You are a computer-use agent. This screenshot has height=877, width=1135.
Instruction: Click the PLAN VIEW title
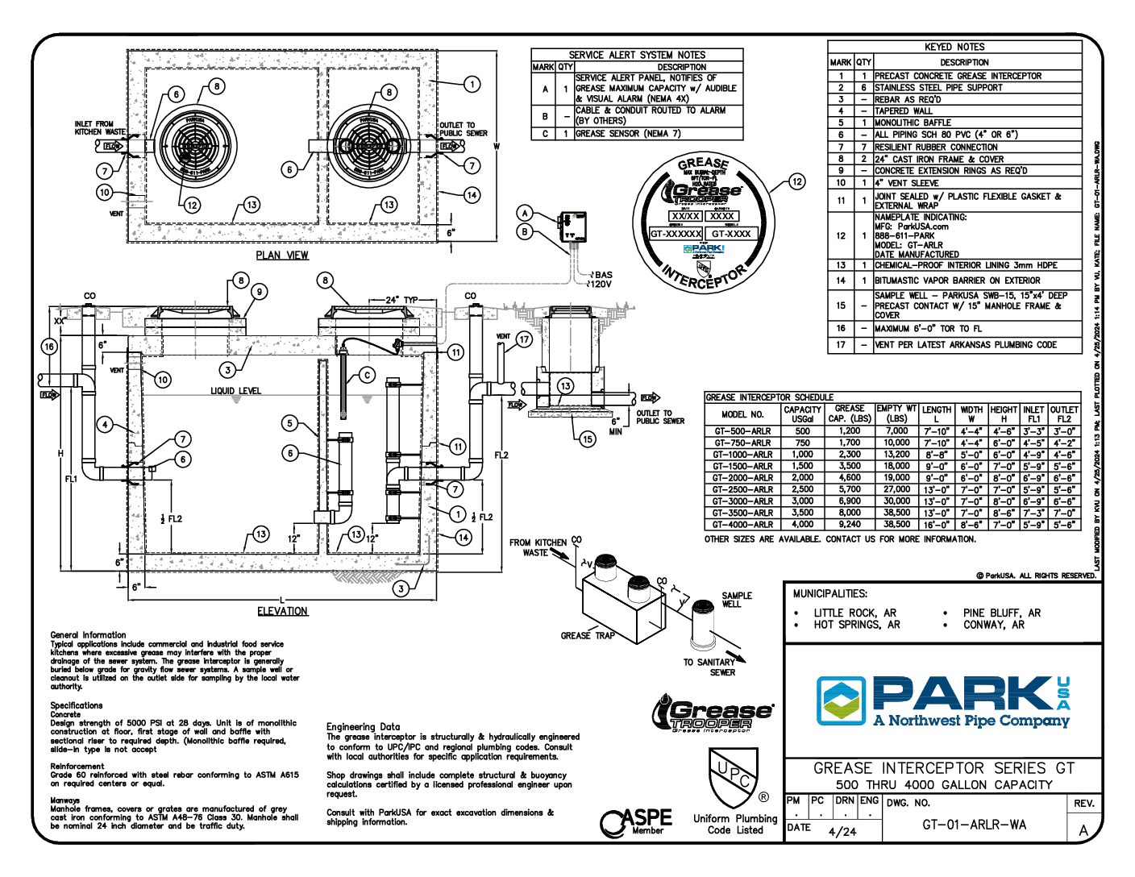coord(282,256)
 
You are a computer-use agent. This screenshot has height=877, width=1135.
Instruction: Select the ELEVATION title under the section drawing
coord(282,611)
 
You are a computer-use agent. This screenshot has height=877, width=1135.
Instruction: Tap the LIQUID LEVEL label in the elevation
coord(236,391)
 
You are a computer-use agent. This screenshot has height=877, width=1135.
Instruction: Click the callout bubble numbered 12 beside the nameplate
coord(796,182)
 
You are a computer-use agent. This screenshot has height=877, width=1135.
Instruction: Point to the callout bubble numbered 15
coord(588,439)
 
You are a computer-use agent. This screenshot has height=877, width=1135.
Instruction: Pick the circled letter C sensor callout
coord(367,375)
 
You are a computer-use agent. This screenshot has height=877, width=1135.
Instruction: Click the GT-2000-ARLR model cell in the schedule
coord(742,477)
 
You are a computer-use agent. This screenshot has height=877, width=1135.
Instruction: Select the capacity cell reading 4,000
coord(802,524)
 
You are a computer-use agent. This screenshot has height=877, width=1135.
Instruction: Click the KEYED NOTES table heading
coord(954,47)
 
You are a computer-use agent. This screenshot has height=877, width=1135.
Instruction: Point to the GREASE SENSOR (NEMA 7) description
coord(628,134)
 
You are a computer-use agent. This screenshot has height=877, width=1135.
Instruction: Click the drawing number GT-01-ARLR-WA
coord(974,825)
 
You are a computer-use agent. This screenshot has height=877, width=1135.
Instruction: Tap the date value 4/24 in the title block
coord(842,831)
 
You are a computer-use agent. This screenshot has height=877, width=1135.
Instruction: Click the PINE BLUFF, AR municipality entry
coord(1002,613)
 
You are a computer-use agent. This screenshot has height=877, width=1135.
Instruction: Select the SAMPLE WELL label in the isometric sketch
coord(737,600)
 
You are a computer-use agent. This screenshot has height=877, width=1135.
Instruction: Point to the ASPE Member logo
coord(636,821)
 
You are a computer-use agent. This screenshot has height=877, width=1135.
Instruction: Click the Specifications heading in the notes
coord(77,705)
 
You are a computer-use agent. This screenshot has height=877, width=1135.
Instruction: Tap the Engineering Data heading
coord(363,726)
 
